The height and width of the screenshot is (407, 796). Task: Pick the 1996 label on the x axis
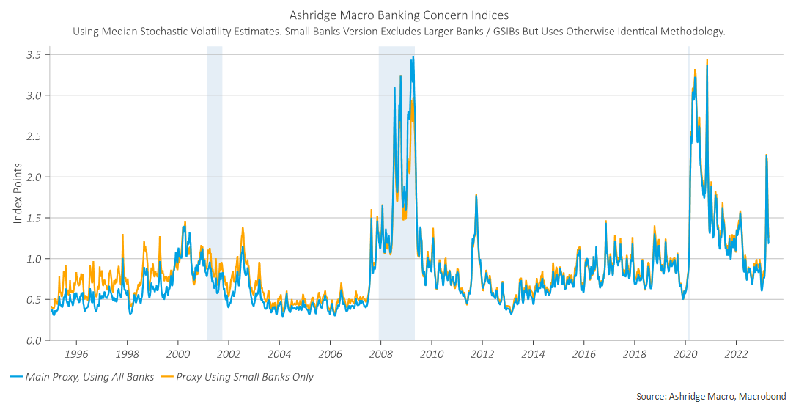76,353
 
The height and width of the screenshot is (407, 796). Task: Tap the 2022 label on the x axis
736,353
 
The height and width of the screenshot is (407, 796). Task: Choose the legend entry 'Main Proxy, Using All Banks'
89,377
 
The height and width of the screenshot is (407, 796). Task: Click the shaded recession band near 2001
215,191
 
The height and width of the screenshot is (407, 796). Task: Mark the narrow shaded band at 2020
688,191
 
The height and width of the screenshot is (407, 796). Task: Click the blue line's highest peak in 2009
413,57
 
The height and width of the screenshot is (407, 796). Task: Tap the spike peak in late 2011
476,195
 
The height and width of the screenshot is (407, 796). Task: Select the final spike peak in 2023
766,155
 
